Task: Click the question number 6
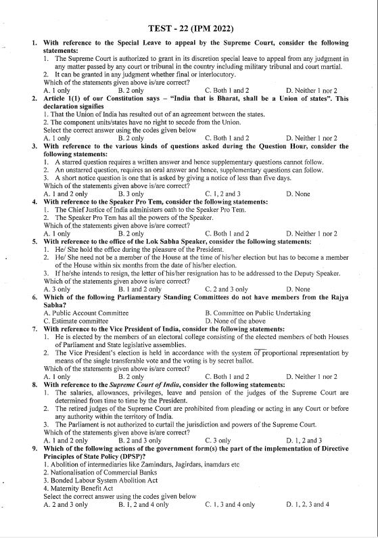coord(34,298)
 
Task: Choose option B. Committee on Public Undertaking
coord(258,312)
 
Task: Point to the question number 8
coord(34,384)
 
